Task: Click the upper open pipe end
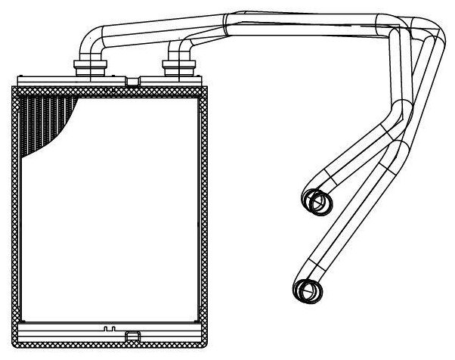318,201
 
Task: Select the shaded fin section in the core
45,121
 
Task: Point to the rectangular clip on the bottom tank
132,335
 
